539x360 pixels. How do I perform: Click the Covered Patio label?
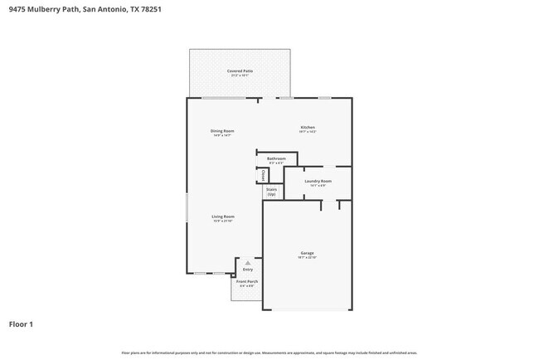point(240,71)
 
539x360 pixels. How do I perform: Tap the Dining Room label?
point(222,131)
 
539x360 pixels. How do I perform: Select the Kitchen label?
point(308,127)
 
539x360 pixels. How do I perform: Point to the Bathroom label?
point(276,158)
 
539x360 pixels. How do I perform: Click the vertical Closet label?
point(263,176)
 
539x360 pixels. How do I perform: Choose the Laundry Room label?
point(318,181)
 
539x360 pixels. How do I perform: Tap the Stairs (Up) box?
point(271,192)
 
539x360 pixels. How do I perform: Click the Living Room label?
point(223,216)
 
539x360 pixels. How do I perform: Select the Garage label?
point(307,253)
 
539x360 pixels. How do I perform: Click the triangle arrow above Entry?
point(247,263)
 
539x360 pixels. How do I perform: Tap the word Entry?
point(247,270)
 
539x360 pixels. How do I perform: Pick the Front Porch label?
point(247,282)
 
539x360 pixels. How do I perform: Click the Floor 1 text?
point(21,324)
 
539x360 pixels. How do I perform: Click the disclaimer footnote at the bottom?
point(269,353)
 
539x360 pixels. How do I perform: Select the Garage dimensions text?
point(307,258)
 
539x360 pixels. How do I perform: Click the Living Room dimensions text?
point(223,221)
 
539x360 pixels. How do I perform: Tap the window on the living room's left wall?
point(187,207)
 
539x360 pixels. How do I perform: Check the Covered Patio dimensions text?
point(240,75)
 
